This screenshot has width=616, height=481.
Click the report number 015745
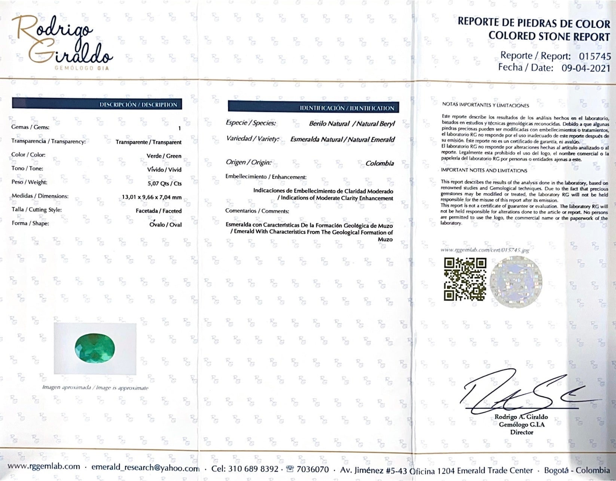595,57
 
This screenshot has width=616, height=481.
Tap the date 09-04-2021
586,68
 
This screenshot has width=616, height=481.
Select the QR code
465,279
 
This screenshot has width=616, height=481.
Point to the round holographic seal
516,281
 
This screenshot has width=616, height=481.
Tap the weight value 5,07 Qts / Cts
165,184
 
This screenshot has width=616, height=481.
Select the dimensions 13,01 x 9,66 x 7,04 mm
152,197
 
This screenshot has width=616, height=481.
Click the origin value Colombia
379,163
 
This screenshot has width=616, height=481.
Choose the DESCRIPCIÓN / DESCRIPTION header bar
97,105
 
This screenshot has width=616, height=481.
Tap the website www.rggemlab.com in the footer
44,467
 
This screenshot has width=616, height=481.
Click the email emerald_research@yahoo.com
145,468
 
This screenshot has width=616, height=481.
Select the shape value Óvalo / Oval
165,224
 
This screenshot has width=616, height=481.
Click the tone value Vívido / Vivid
164,170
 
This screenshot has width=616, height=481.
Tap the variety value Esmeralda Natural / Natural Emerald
342,139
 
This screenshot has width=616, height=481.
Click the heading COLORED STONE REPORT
549,36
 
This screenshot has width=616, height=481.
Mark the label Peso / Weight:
29,182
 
